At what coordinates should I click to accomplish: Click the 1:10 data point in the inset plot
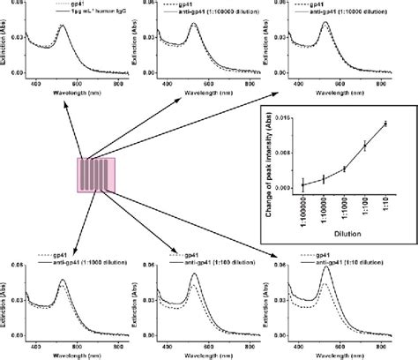(384, 124)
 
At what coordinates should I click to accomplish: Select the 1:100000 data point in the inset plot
(302, 184)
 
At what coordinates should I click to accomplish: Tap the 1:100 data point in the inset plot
(364, 146)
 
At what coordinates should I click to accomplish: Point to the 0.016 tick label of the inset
(283, 117)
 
